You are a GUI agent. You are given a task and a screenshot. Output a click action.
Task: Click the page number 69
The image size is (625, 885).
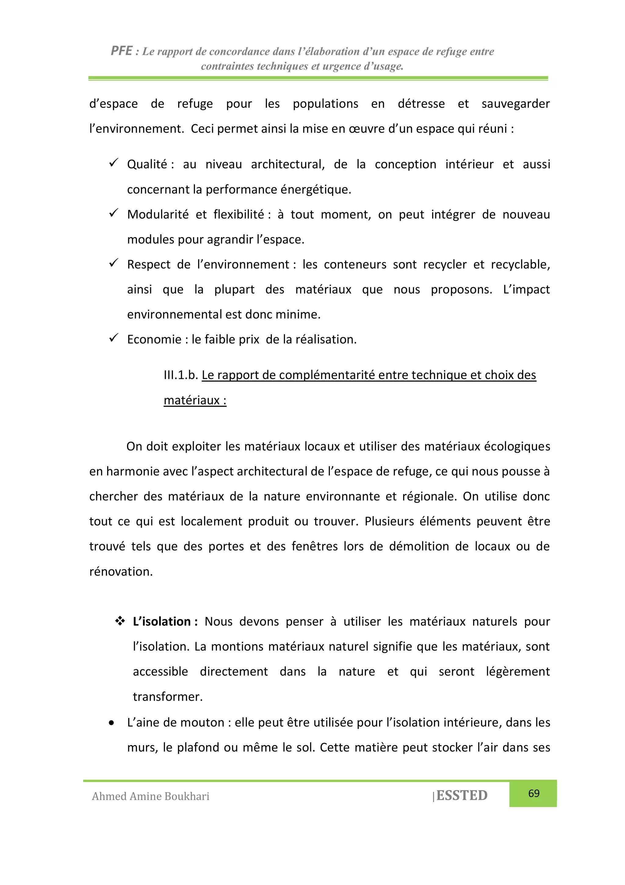point(534,793)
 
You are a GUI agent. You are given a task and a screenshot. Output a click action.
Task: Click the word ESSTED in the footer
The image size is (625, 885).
point(462,795)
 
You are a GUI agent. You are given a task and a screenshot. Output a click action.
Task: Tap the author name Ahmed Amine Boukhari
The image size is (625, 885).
point(150,796)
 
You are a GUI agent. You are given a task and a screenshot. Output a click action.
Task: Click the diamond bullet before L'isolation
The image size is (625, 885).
point(120,621)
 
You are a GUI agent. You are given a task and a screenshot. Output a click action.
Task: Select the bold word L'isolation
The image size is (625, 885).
point(162,621)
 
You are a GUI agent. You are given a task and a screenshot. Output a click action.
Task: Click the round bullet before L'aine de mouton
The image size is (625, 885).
point(112,723)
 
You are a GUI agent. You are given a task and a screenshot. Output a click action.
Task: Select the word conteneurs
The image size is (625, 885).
point(355,265)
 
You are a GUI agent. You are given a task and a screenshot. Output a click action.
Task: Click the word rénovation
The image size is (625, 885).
point(121,571)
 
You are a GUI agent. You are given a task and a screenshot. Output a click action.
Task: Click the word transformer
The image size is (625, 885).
point(168,697)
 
